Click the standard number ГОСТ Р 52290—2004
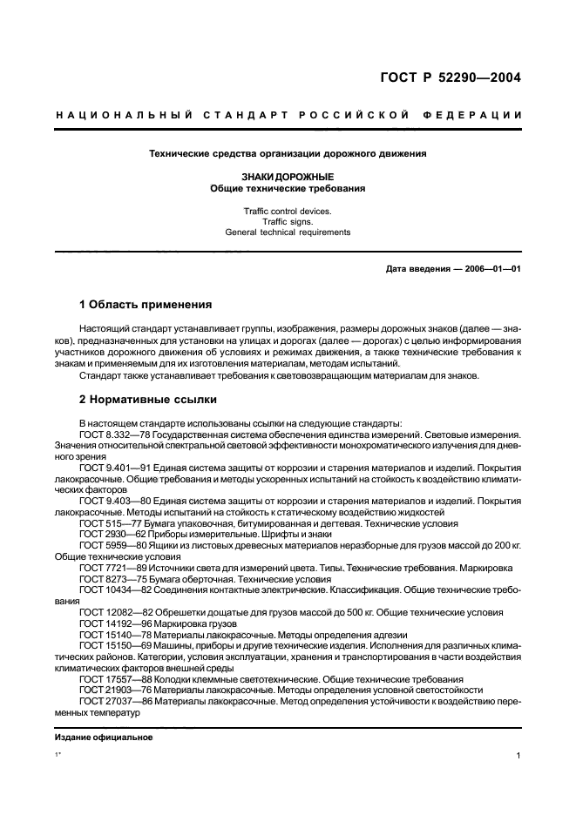450,77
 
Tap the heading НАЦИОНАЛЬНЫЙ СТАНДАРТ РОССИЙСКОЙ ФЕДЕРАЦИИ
288,115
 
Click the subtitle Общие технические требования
288,188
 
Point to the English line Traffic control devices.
288,211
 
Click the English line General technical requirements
288,232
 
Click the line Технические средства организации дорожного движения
288,154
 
